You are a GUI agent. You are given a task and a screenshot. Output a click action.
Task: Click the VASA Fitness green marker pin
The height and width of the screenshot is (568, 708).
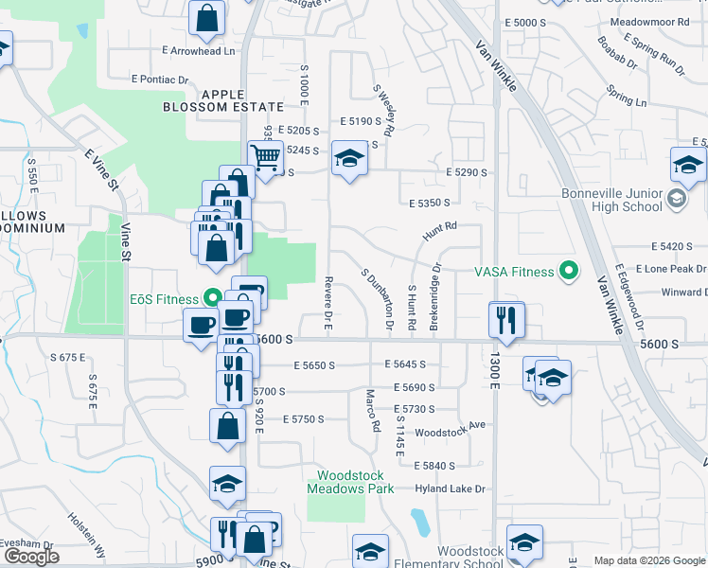coord(569,272)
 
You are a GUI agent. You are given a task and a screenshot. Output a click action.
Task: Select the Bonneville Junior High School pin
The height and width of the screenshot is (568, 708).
coord(676,199)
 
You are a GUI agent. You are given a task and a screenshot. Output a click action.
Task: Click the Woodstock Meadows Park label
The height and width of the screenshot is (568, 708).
coord(336,481)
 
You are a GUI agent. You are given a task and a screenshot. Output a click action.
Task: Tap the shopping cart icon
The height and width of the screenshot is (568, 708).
coord(266,156)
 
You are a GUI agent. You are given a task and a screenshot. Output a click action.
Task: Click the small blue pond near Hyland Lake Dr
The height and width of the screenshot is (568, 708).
coord(418,521)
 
